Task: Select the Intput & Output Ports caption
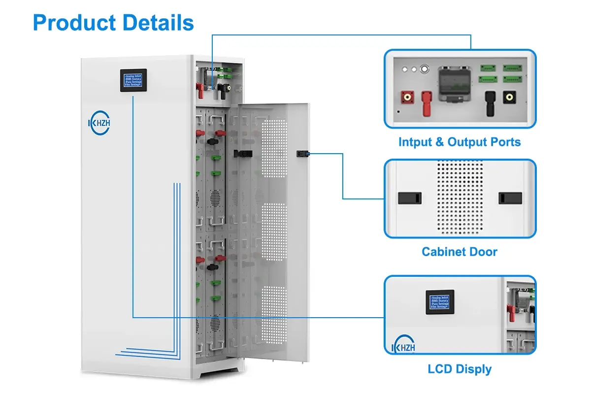[x=459, y=142]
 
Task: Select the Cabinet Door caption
[x=459, y=252]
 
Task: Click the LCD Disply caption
[x=459, y=369]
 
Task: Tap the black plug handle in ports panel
[x=490, y=103]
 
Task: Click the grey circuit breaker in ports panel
[x=453, y=84]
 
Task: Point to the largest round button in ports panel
[x=423, y=70]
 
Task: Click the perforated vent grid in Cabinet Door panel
[x=459, y=197]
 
